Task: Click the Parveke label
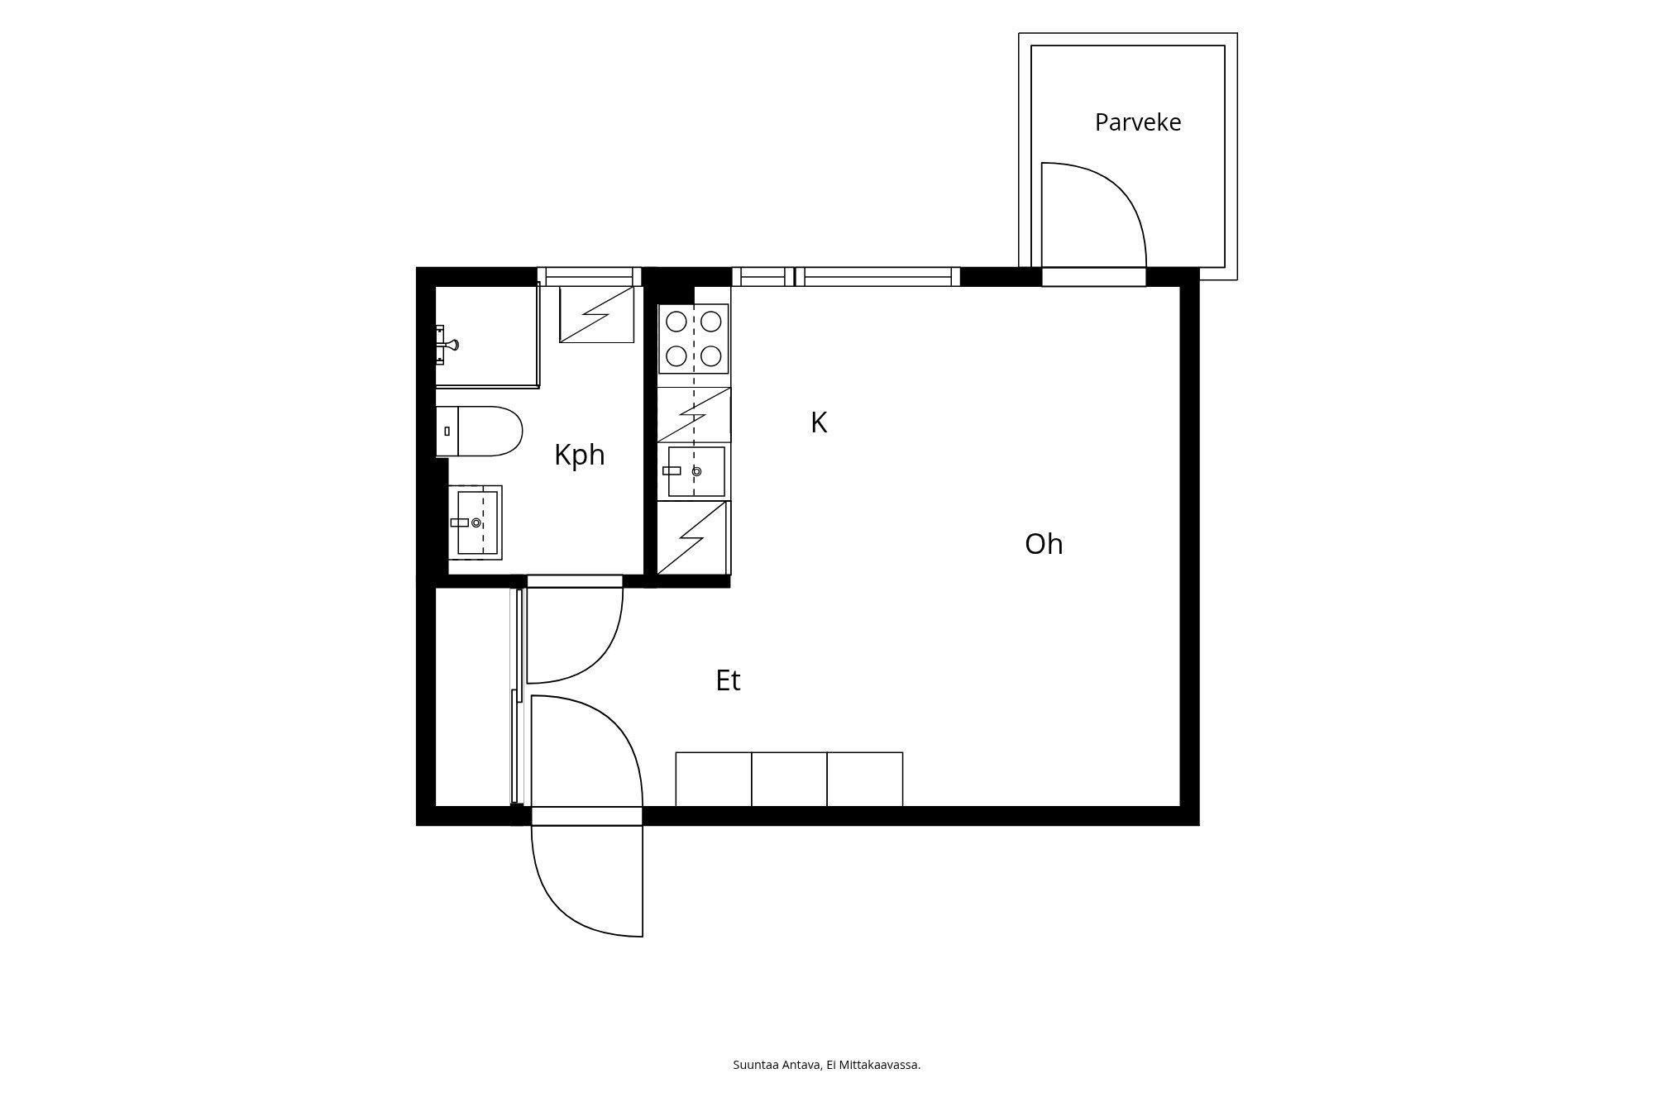tap(1138, 123)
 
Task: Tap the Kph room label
tap(580, 456)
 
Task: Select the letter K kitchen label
tap(819, 422)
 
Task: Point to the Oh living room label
tap(1044, 544)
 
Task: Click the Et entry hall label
tap(728, 680)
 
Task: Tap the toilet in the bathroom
tap(480, 431)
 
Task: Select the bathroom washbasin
tap(476, 522)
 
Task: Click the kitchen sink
tap(695, 471)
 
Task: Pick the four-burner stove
tap(694, 339)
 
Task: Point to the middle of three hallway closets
tap(789, 779)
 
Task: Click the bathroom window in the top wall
tap(590, 276)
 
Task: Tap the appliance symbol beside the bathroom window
tap(597, 314)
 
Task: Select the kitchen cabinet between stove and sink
tap(694, 414)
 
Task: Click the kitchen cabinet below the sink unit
tap(694, 537)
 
